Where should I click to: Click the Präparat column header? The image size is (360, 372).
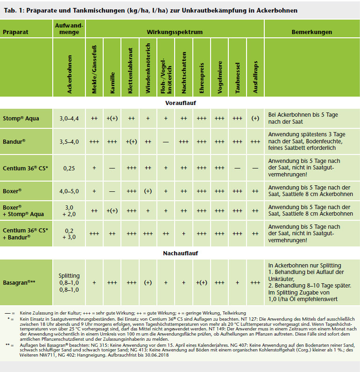15,32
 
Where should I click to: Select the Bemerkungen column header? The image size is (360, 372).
311,32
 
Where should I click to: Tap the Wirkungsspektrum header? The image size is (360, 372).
175,32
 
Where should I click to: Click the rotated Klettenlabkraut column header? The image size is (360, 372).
130,70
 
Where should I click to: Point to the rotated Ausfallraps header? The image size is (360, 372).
255,77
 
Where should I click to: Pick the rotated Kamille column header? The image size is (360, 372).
112,83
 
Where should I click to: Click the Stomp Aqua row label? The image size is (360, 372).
21,118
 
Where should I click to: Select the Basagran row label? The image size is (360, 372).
19,282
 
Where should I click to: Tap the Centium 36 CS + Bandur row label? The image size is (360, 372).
25,234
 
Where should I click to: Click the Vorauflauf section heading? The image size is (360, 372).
181,103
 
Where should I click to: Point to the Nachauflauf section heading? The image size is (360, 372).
180,253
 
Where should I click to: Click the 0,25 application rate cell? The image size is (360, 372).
69,168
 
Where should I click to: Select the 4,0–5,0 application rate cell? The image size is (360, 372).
69,191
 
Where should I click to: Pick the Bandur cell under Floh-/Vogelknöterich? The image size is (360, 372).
166,142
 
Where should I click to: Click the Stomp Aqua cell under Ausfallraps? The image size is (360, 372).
255,118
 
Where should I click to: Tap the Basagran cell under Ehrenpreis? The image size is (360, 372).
201,282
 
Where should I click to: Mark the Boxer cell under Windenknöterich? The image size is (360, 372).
148,191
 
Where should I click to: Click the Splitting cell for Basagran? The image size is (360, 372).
69,276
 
